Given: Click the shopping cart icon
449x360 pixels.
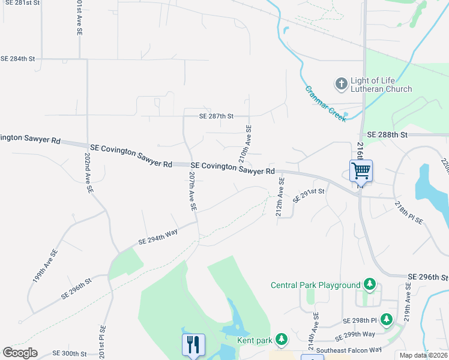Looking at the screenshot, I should pyautogui.click(x=361, y=170).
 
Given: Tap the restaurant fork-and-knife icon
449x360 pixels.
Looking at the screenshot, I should pyautogui.click(x=193, y=344).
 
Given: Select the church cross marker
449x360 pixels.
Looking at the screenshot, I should pyautogui.click(x=341, y=83).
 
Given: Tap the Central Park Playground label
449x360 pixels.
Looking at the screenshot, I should pyautogui.click(x=315, y=285).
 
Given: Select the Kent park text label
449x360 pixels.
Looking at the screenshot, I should pyautogui.click(x=255, y=340).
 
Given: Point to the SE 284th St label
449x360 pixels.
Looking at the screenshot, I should pyautogui.click(x=18, y=59).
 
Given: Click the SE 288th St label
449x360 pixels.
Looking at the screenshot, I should pyautogui.click(x=387, y=135).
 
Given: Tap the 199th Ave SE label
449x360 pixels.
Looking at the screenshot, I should pyautogui.click(x=46, y=266).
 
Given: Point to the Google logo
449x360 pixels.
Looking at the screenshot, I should pyautogui.click(x=20, y=353).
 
